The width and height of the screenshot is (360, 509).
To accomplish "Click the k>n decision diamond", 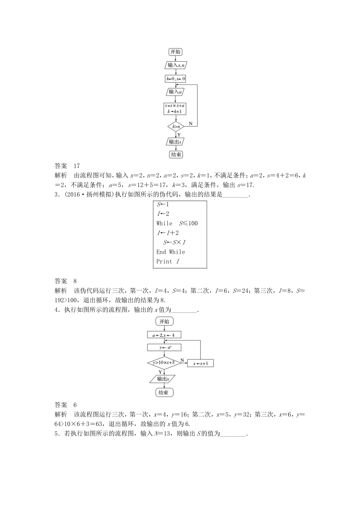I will click(x=175, y=126).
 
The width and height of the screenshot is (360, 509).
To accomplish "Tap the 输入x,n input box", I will click(x=176, y=65).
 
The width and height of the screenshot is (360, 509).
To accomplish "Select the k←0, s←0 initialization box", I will click(x=175, y=79).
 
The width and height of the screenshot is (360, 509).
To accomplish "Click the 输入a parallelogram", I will click(x=175, y=92).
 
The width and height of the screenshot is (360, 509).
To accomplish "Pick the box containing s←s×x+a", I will click(x=176, y=109).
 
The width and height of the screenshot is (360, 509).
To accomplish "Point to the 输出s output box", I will click(x=175, y=142).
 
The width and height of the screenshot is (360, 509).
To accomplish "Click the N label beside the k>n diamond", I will click(x=191, y=123).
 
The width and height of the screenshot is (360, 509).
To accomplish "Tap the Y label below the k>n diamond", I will click(x=179, y=134).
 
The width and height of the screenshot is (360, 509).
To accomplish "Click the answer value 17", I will click(x=77, y=166).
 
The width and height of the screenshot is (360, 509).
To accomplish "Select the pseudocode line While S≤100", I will click(x=177, y=223).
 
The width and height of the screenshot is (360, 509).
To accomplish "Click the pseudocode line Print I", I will click(x=167, y=261).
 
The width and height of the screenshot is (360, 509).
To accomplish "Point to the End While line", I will click(x=171, y=252).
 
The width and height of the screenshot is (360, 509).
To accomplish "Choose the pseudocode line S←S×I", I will click(x=174, y=242).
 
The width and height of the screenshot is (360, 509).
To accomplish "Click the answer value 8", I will click(x=75, y=281).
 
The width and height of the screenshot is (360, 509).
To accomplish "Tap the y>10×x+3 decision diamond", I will click(x=164, y=362).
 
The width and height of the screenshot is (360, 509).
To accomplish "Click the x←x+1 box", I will click(x=200, y=363).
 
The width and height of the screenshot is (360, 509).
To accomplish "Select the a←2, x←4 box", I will click(x=164, y=335).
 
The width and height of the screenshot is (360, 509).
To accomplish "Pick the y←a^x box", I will click(x=164, y=347).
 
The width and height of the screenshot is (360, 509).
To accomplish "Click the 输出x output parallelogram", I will click(x=163, y=379).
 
